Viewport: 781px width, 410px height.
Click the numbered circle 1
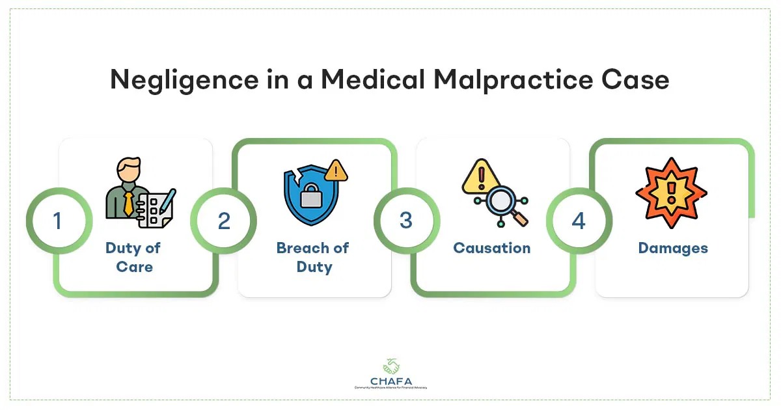[57, 221]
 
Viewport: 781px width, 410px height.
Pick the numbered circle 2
[224, 221]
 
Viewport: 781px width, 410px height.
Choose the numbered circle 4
[579, 221]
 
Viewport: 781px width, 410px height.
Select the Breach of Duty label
[313, 257]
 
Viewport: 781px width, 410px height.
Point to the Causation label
[492, 248]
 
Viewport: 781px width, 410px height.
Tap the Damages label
[673, 248]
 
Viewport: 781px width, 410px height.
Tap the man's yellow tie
[129, 203]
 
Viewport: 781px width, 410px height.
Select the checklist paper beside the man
[155, 208]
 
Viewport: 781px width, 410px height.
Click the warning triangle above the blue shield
[336, 171]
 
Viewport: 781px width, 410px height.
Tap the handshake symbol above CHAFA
[390, 364]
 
